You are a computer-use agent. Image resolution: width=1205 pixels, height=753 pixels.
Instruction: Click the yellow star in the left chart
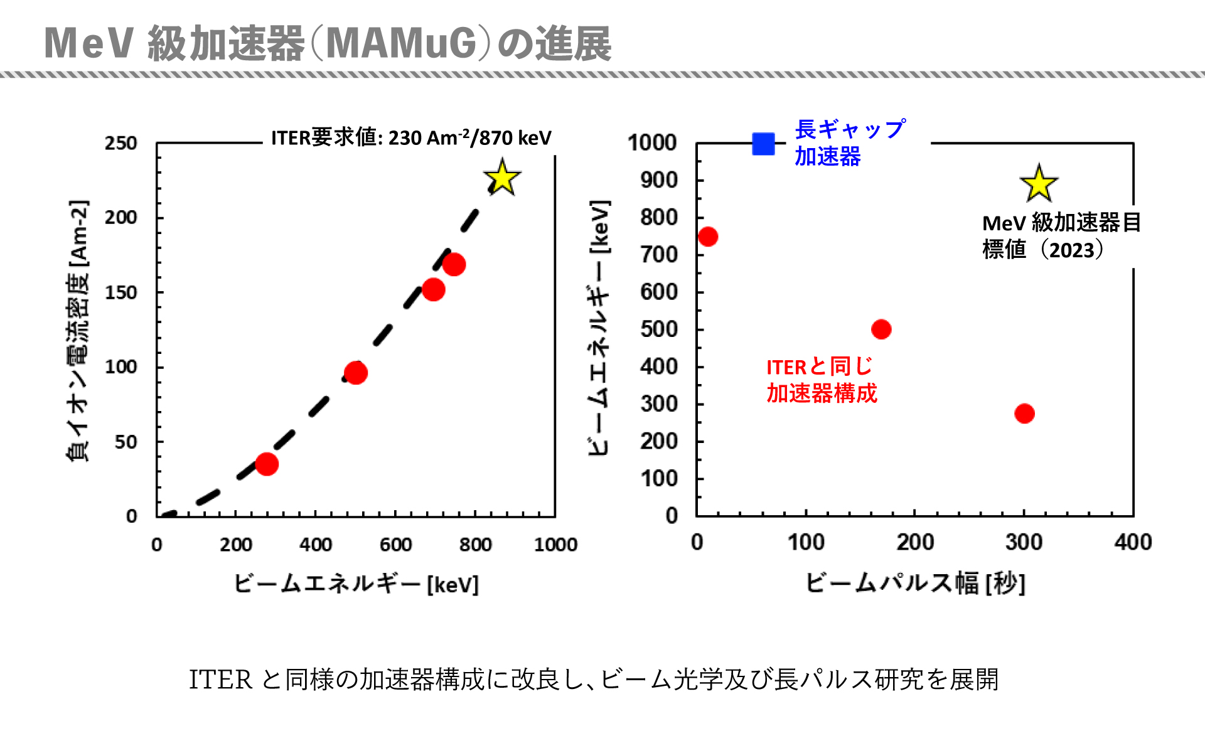coord(502,178)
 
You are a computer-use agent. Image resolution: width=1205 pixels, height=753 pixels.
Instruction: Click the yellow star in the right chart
coord(1039,184)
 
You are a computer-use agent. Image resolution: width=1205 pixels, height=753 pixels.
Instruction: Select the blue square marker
coord(763,144)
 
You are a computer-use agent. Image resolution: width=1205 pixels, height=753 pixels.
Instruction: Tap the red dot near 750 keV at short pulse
coord(708,237)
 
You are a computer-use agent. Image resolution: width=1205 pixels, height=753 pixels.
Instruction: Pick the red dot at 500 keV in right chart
coord(881,329)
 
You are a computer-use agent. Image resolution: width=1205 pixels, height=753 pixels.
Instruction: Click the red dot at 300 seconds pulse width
coord(1024,414)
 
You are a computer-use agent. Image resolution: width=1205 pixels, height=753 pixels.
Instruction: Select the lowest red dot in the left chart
coord(267,464)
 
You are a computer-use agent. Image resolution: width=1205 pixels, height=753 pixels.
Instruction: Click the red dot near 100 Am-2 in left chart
coord(356,373)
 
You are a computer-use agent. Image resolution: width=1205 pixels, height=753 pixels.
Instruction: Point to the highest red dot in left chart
coord(454,265)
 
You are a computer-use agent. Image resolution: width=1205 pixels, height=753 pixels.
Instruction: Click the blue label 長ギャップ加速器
coord(849,142)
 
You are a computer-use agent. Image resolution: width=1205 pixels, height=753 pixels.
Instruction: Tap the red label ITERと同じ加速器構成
coord(821,380)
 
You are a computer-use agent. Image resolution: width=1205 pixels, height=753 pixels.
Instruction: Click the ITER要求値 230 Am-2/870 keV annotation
coord(411,137)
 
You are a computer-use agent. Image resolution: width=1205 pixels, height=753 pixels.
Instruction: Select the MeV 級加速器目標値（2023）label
coord(1061,236)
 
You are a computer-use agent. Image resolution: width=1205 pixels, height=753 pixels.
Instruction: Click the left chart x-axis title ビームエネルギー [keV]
coord(356,584)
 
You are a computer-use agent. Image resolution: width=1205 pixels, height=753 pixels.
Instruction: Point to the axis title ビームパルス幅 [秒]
coord(915,583)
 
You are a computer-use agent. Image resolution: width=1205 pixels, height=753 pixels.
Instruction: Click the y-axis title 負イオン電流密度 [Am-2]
coord(78,331)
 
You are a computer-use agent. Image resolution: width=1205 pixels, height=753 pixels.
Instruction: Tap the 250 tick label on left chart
coord(121,144)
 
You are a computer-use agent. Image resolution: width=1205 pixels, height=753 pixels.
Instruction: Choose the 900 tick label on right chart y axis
coord(659,181)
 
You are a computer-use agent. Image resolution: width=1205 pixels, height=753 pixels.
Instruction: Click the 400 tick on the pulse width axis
coord(1133,542)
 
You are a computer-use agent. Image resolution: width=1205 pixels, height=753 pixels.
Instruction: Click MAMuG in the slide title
coord(402,44)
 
